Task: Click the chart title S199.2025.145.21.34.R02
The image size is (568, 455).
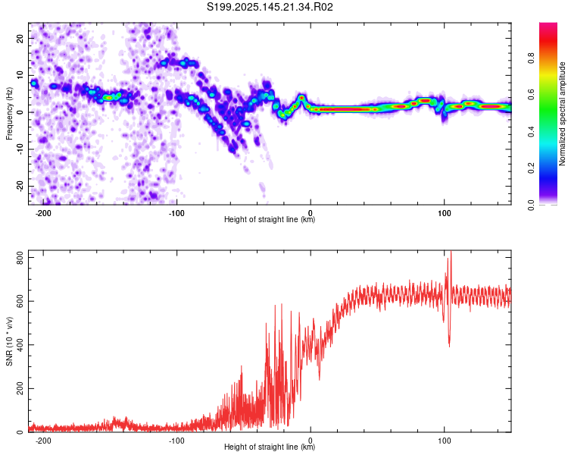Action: [270, 7]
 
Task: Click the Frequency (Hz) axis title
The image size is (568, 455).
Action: [9, 114]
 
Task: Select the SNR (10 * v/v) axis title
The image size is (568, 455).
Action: [9, 341]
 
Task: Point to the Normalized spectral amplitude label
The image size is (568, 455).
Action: [562, 114]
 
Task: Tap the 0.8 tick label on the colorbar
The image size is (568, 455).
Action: [531, 58]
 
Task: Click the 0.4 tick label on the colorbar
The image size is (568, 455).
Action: [531, 132]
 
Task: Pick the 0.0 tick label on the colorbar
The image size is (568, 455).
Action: [531, 206]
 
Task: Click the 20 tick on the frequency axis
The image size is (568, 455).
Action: [20, 39]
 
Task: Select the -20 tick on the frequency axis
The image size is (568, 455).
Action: [20, 187]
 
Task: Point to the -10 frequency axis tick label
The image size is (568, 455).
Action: [20, 149]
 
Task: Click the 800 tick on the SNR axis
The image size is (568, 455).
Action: [20, 258]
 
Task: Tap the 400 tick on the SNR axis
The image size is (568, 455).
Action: [20, 345]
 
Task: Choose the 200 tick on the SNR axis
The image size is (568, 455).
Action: [20, 388]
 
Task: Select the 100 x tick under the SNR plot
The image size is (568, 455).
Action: [444, 441]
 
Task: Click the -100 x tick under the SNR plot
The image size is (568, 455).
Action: [176, 441]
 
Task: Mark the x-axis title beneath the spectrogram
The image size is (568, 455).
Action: [270, 219]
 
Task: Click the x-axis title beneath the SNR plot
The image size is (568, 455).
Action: [270, 447]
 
